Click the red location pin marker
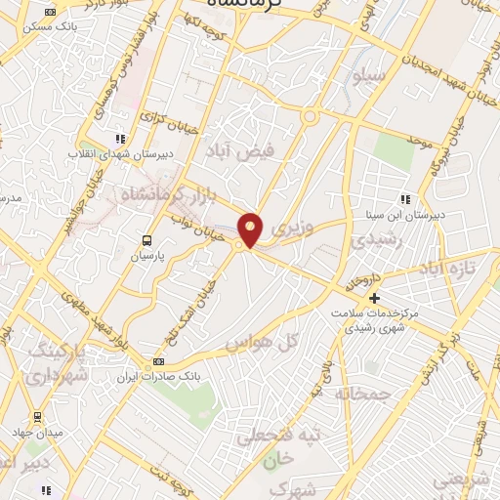(251, 229)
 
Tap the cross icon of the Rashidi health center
(372, 297)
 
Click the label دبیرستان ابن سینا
(410, 214)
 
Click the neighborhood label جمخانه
(362, 394)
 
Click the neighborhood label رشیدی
(373, 238)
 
